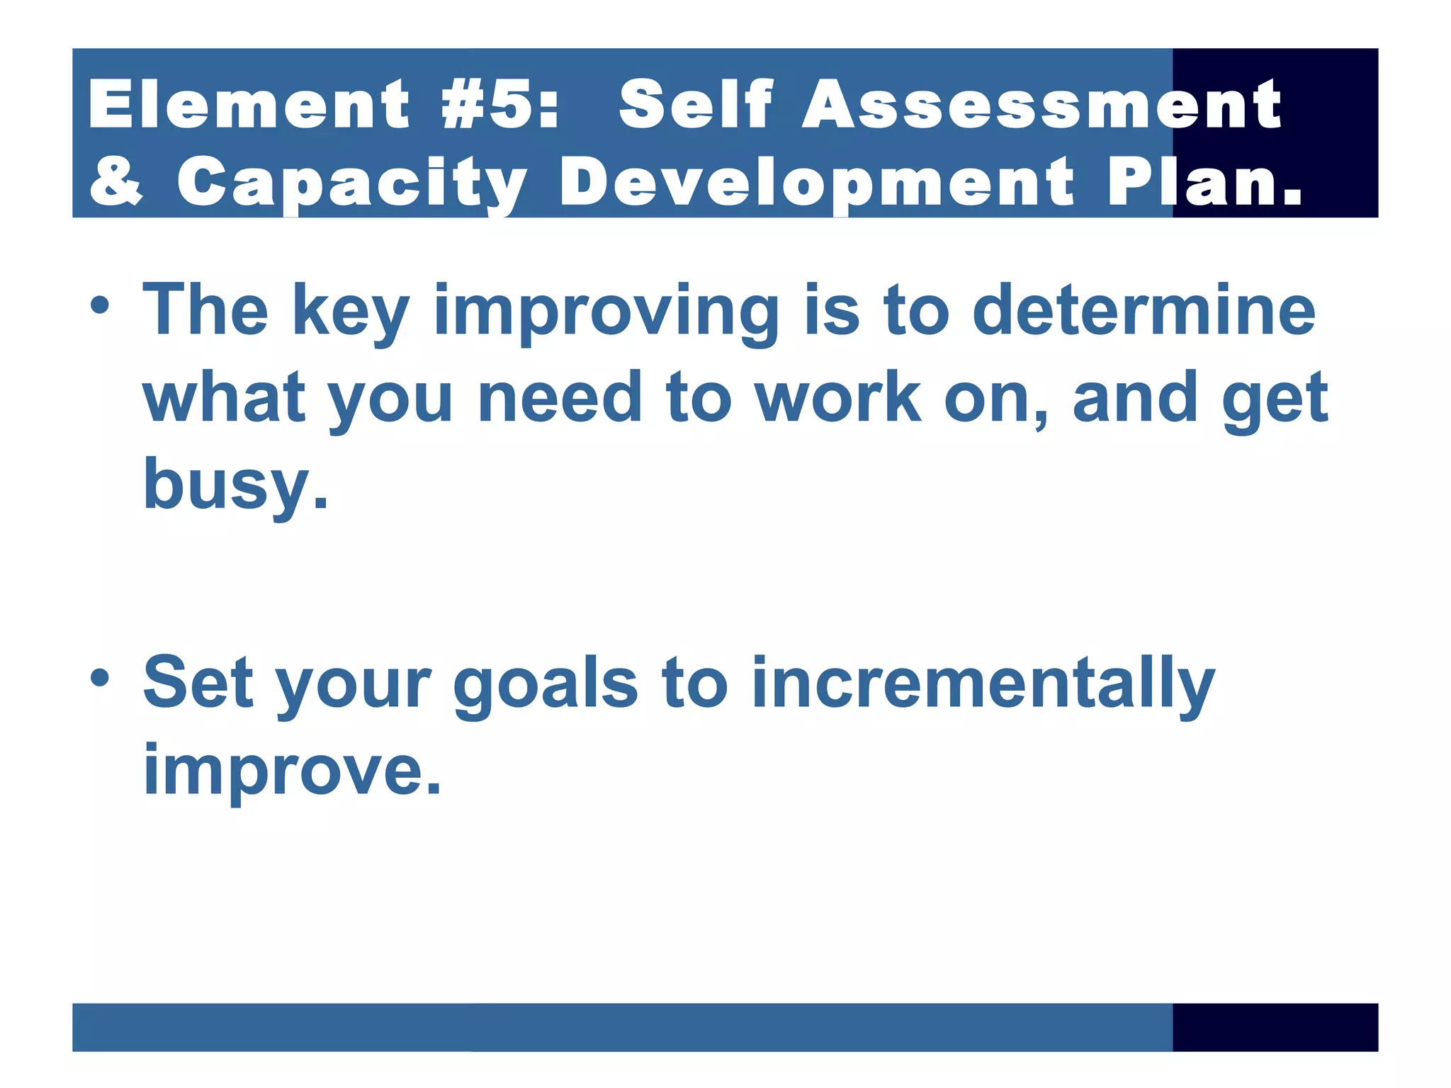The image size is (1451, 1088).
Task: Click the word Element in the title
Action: (x=249, y=105)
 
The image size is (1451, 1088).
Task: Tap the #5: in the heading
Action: (x=500, y=105)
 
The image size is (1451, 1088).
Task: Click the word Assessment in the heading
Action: (x=1041, y=105)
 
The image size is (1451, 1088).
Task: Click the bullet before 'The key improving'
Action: (x=100, y=306)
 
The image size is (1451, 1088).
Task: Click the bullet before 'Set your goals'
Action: (x=100, y=678)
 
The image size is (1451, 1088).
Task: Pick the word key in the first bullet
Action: (x=351, y=312)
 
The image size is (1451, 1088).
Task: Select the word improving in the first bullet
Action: (x=606, y=312)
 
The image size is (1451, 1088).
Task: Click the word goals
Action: (x=546, y=684)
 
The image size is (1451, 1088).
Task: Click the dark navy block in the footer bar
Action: (x=1275, y=1027)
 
